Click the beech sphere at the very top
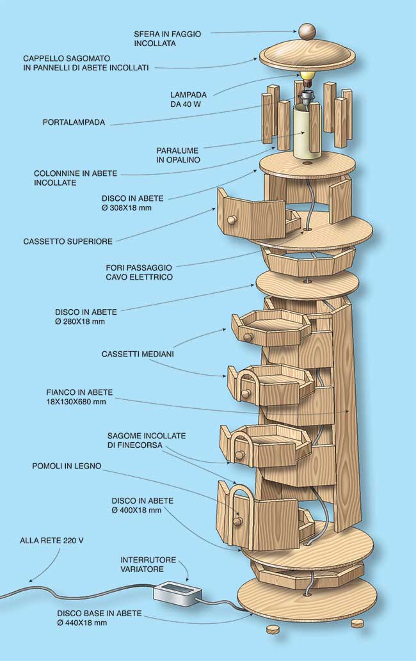click(307, 32)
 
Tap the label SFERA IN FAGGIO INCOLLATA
click(167, 38)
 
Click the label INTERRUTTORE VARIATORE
click(148, 564)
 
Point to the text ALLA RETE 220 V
click(51, 541)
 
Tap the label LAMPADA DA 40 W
click(188, 99)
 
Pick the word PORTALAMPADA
click(74, 123)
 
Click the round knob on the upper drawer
click(232, 219)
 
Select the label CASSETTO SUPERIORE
click(68, 241)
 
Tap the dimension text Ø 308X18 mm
click(127, 208)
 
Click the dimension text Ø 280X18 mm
click(80, 322)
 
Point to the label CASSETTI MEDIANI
click(138, 354)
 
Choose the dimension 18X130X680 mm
click(76, 402)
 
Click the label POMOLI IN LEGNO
click(67, 466)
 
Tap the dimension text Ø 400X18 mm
click(136, 510)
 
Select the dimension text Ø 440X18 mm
click(82, 623)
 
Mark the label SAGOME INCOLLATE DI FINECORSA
click(147, 440)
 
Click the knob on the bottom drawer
click(237, 522)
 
